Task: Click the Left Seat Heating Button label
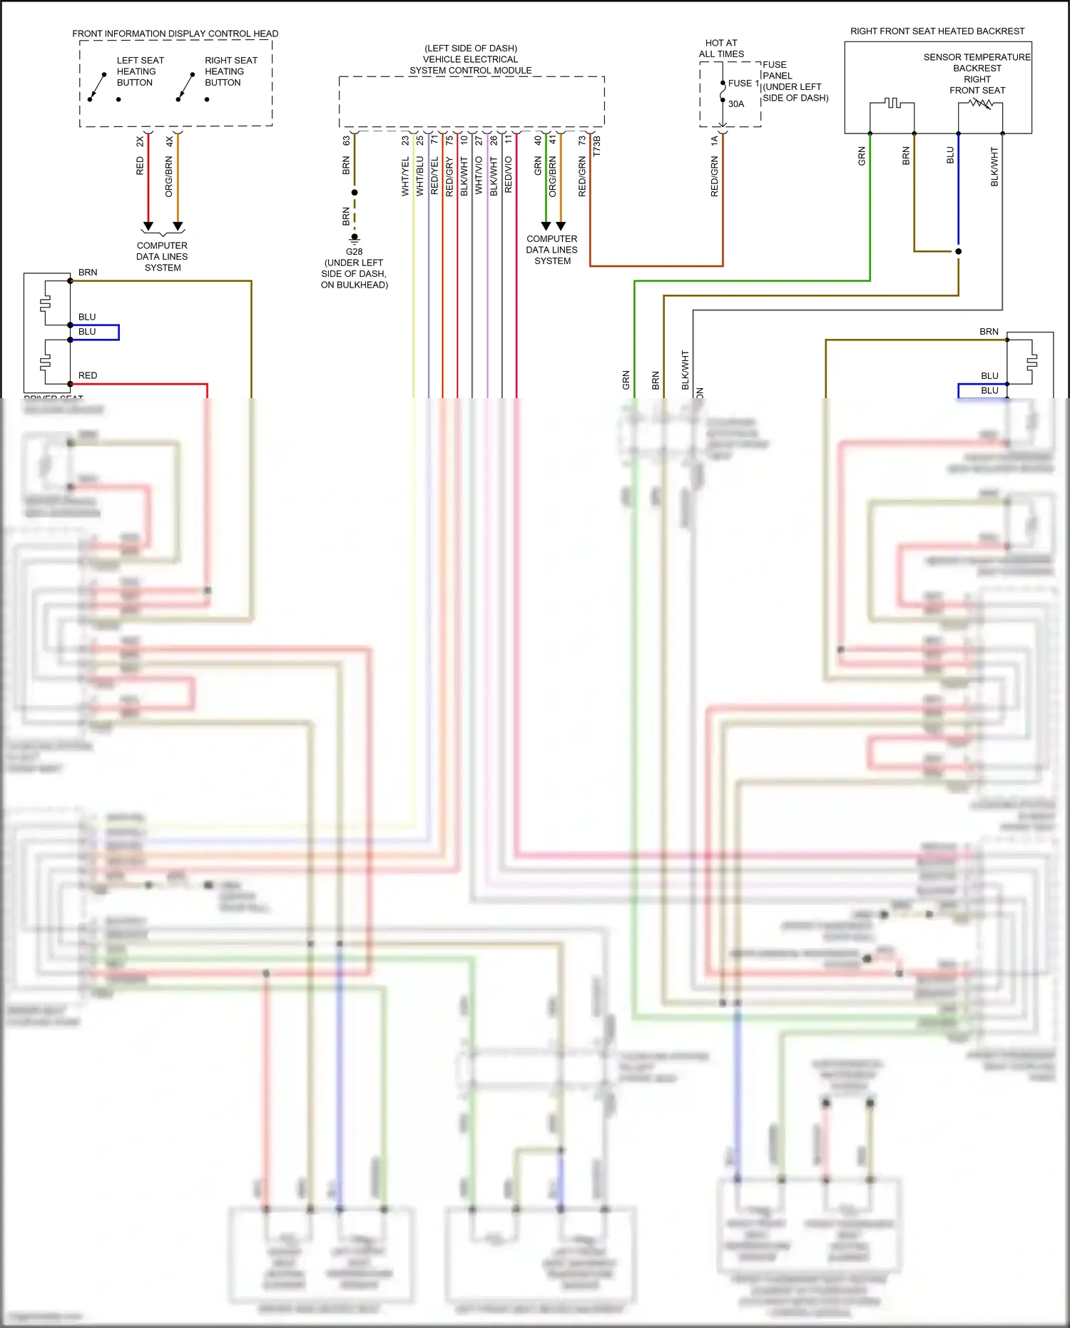140,71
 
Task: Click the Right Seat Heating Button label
230,71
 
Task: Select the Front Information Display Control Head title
175,34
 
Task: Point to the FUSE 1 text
743,83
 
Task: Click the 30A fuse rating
736,104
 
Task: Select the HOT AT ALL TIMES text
721,49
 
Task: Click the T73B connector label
597,146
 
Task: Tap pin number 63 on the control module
346,141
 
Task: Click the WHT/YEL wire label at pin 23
405,176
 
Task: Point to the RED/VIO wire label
509,175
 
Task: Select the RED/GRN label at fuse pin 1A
714,177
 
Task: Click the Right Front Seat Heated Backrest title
937,31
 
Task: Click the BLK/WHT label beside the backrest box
994,167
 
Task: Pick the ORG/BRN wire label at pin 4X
169,177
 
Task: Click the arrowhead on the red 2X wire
148,225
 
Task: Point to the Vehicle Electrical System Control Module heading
470,59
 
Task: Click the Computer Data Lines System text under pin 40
551,250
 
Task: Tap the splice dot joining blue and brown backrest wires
958,251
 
